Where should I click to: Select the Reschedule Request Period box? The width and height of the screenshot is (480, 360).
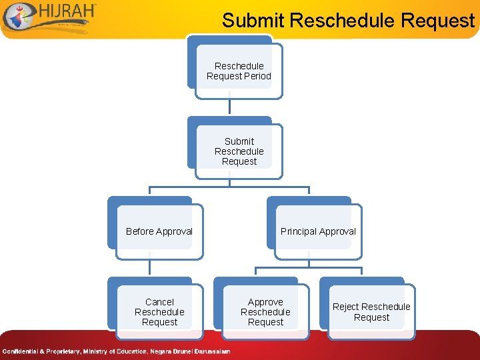click(239, 71)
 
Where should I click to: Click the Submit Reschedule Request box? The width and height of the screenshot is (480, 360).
click(239, 151)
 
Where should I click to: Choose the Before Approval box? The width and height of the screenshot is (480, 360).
click(159, 231)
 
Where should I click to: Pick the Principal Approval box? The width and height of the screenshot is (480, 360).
click(318, 231)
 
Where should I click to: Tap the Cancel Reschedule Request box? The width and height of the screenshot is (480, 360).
click(159, 311)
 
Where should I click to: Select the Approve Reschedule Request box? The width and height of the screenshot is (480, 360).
click(265, 311)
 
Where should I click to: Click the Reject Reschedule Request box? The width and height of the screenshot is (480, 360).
click(371, 311)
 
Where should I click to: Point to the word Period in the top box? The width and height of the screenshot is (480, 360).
click(257, 76)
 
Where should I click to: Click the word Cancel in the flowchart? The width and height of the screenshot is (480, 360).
click(159, 302)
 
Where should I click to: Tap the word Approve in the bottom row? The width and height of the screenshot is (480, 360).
click(265, 302)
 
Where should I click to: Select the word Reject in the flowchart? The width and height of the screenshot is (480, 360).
click(345, 307)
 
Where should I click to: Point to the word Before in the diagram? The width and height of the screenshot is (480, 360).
click(140, 231)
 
